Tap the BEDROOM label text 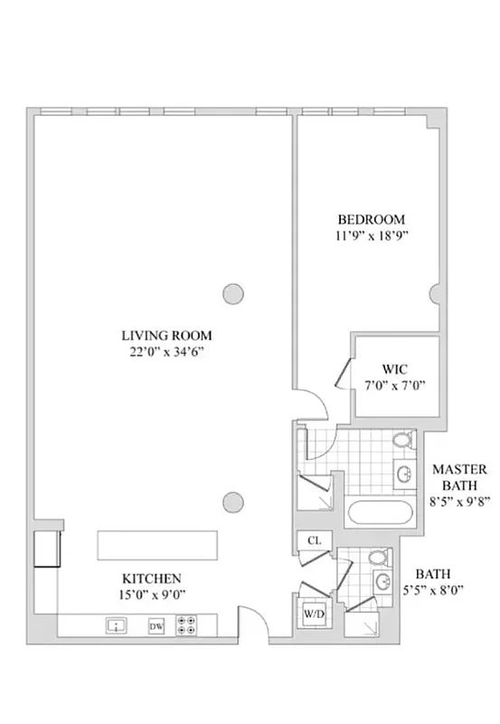371,219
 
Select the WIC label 395,368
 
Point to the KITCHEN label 153,577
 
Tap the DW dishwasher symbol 156,625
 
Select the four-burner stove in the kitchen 189,625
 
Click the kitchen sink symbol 116,625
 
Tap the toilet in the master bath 404,441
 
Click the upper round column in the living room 232,293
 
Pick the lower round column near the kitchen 232,500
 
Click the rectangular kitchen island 158,547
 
